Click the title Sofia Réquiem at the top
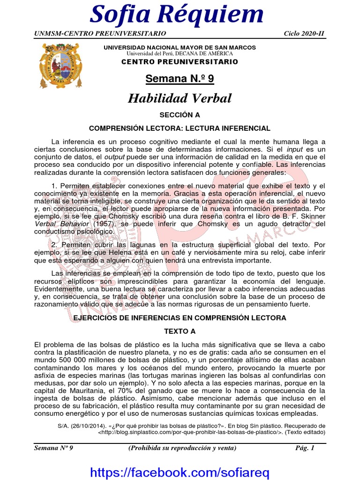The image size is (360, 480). pos(177,15)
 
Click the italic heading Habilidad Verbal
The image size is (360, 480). pos(180,98)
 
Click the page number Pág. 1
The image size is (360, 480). pos(304,448)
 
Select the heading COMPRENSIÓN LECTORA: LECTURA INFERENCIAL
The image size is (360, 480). pos(180,128)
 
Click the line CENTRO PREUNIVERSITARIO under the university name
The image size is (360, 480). pos(180,62)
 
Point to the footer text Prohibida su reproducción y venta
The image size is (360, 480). pos(182,448)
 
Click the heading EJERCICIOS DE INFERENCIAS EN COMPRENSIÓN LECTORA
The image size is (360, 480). pos(180,318)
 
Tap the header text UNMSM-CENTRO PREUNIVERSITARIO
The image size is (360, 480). pos(100,34)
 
